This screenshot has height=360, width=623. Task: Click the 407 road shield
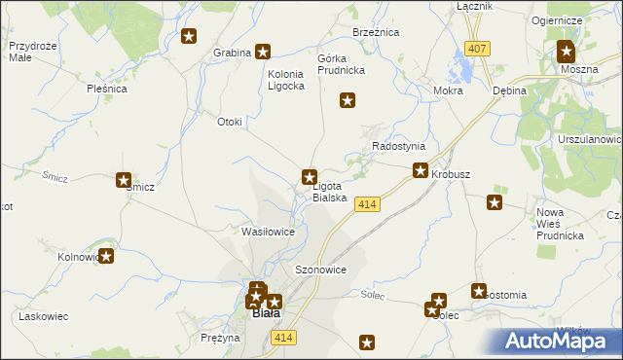click(476, 49)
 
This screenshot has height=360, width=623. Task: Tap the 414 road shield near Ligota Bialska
click(366, 204)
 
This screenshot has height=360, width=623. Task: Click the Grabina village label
click(231, 53)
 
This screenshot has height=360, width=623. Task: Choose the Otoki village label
click(230, 122)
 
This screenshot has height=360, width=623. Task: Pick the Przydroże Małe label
click(29, 51)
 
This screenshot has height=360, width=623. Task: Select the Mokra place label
click(448, 90)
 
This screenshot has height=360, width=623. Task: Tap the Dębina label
click(509, 90)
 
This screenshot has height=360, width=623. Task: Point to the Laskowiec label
click(43, 317)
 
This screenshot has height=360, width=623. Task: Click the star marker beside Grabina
click(262, 53)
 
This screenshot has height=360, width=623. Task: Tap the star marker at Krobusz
click(421, 170)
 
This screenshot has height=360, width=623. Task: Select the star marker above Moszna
click(567, 53)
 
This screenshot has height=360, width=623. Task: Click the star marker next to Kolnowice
click(107, 257)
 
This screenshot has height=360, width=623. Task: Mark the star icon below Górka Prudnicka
click(347, 99)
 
